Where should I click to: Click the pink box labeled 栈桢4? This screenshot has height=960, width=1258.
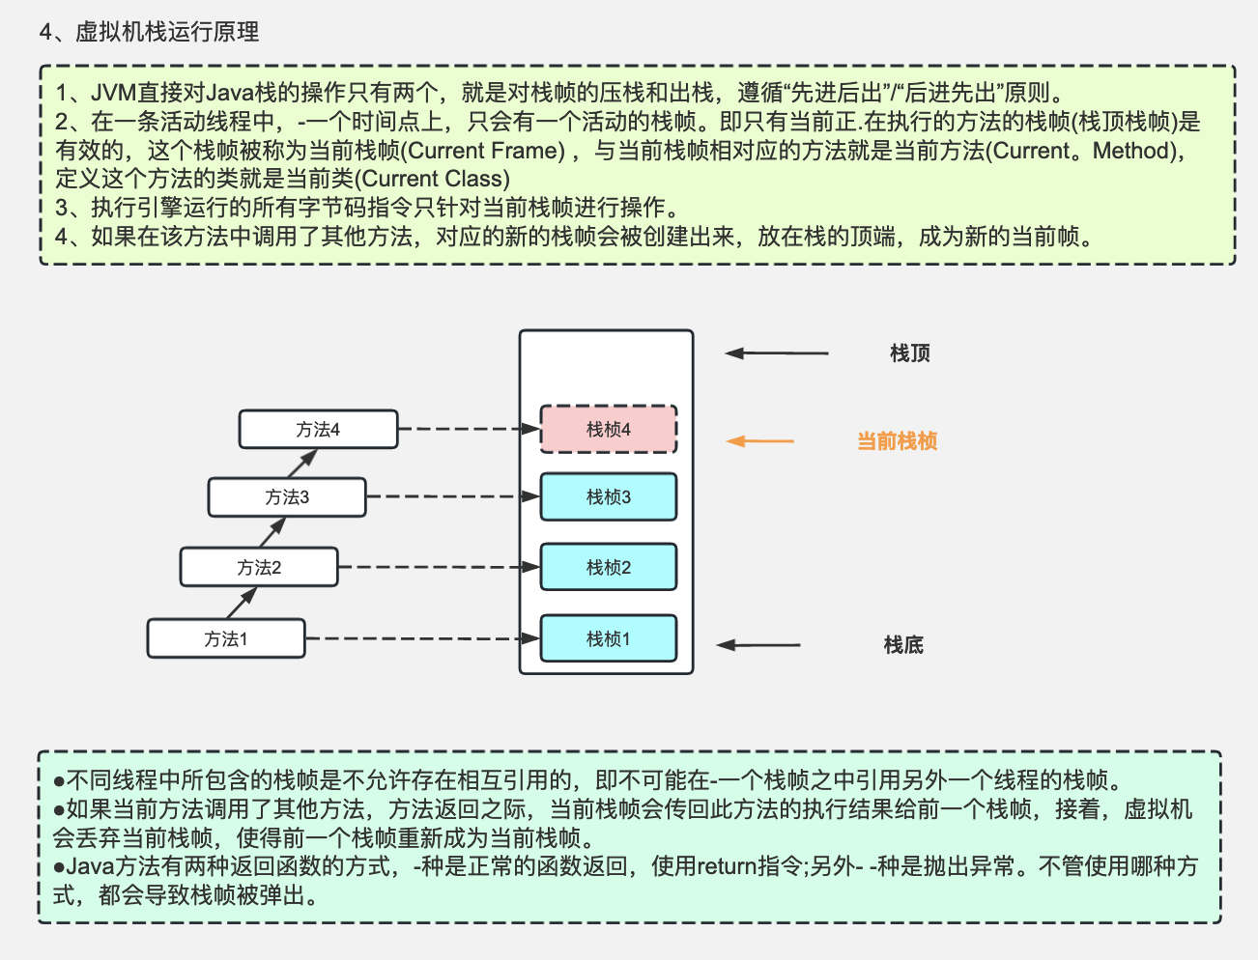pos(608,429)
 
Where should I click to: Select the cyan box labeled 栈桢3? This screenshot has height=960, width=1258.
pos(608,496)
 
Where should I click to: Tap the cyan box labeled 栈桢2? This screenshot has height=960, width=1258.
pos(608,567)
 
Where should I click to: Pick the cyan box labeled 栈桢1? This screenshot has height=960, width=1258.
pos(608,638)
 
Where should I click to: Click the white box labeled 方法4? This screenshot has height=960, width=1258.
pos(318,429)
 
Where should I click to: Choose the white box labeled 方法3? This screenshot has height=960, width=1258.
pos(287,496)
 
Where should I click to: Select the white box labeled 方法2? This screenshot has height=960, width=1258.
pos(259,567)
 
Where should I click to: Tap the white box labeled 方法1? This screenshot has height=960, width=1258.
pos(226,638)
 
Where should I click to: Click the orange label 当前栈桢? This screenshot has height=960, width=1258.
pos(897,441)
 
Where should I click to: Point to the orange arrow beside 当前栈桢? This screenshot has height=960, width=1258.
pos(759,441)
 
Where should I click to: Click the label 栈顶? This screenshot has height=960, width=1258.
pos(909,353)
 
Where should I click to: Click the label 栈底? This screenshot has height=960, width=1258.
pos(903,645)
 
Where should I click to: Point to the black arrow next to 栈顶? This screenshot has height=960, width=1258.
pos(777,353)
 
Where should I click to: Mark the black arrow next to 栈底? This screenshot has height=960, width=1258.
pos(758,645)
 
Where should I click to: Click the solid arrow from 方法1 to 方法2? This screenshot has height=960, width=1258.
pos(242,603)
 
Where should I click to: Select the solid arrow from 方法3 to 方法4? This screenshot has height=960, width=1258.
pos(301,463)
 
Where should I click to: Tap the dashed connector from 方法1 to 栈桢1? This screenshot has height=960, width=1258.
pos(421,638)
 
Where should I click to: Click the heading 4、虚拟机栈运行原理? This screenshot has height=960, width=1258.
pos(149,32)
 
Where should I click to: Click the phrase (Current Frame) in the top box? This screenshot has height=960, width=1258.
pos(482,151)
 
